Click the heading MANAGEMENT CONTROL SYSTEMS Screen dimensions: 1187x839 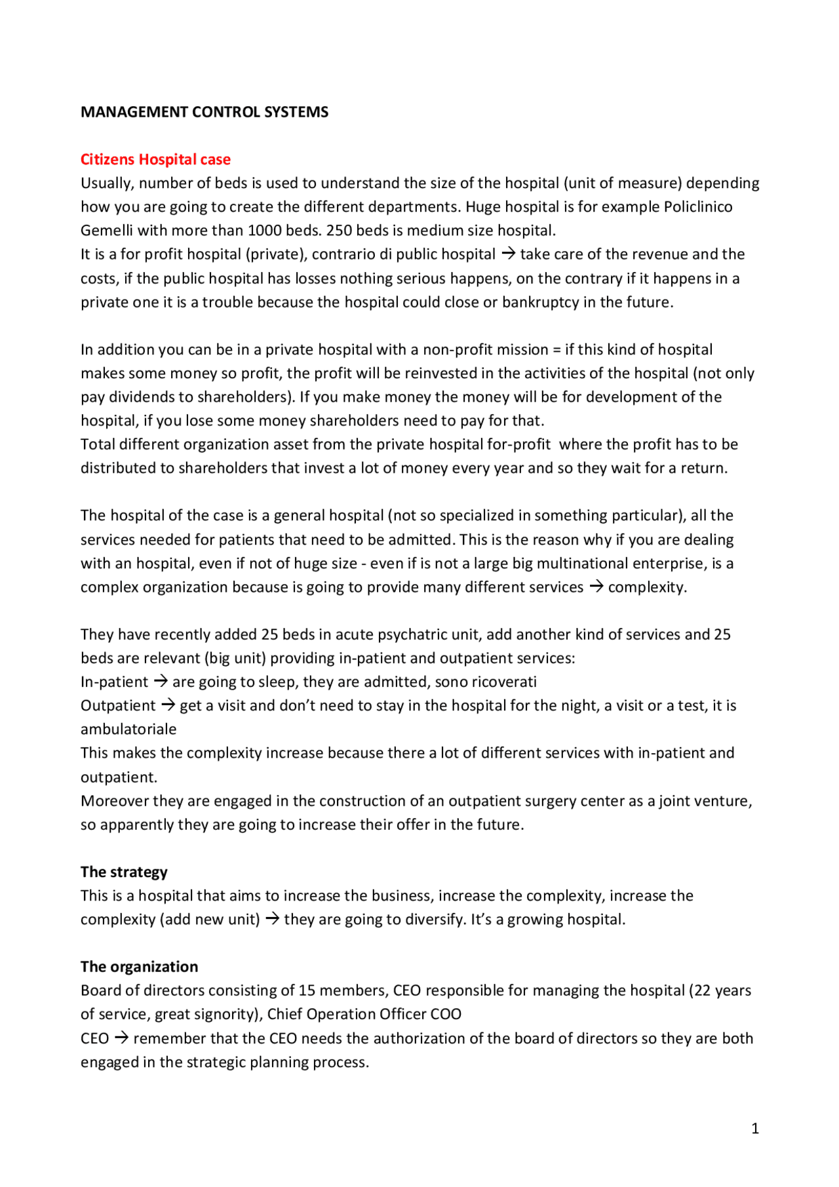click(205, 112)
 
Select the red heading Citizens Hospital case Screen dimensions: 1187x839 click(155, 159)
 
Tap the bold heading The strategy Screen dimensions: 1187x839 click(124, 872)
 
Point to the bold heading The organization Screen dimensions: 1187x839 click(139, 967)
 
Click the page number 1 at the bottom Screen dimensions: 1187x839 click(755, 1129)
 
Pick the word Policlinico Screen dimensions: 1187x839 click(698, 207)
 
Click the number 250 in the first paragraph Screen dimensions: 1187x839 click(339, 231)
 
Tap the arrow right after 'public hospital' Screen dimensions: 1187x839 click(508, 254)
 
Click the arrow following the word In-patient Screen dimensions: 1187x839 click(161, 682)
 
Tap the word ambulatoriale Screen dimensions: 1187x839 click(128, 730)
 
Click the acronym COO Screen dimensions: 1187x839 click(446, 1014)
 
